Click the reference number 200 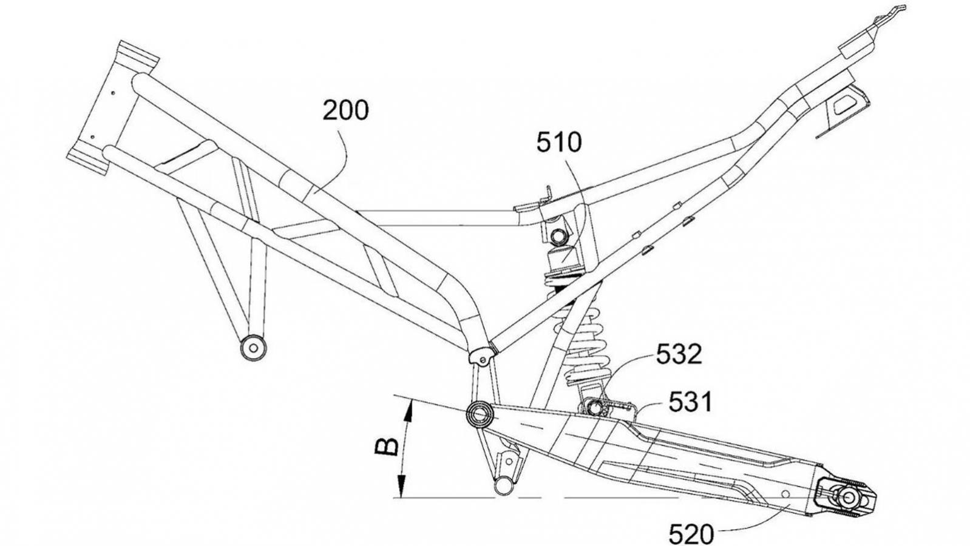tap(345, 111)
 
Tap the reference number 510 tap(558, 143)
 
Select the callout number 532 tap(679, 355)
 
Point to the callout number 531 tap(691, 402)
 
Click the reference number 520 tap(691, 534)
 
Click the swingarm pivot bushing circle tap(479, 414)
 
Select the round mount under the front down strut tap(253, 348)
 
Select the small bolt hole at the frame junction tap(482, 360)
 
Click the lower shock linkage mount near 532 tap(594, 406)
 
